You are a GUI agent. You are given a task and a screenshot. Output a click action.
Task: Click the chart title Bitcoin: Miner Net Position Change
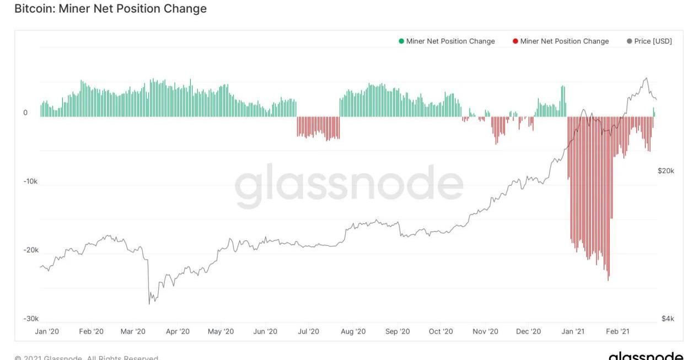click(x=110, y=9)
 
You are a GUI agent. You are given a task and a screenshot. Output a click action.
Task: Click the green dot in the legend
click(x=401, y=41)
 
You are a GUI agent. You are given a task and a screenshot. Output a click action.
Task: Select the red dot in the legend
click(x=516, y=41)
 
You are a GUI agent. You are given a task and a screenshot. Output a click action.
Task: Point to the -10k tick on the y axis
click(x=30, y=181)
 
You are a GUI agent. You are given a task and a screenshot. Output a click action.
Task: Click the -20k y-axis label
click(x=30, y=250)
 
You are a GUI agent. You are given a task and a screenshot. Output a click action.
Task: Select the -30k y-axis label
click(x=30, y=319)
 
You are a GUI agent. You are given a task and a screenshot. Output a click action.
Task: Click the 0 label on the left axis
click(x=25, y=113)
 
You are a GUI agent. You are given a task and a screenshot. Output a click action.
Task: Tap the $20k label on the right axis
click(x=665, y=171)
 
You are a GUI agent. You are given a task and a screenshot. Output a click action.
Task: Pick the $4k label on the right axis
click(x=668, y=319)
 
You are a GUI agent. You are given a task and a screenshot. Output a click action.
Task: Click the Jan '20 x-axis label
click(x=47, y=331)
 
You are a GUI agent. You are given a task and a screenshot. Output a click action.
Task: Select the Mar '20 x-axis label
click(x=133, y=331)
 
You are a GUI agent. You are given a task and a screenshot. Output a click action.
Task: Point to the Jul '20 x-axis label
click(x=308, y=331)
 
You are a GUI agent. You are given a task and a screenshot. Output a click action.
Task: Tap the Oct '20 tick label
click(x=441, y=331)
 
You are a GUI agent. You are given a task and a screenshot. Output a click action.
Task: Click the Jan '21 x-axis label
click(x=573, y=331)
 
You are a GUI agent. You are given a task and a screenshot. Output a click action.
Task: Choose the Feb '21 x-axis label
click(x=618, y=331)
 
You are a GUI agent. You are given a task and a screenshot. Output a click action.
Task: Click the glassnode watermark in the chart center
click(x=349, y=185)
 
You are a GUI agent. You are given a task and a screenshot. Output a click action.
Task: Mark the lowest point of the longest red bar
click(x=609, y=280)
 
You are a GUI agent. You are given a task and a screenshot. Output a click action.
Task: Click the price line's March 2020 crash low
click(x=149, y=304)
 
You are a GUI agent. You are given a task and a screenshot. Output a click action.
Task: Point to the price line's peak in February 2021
click(x=646, y=78)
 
